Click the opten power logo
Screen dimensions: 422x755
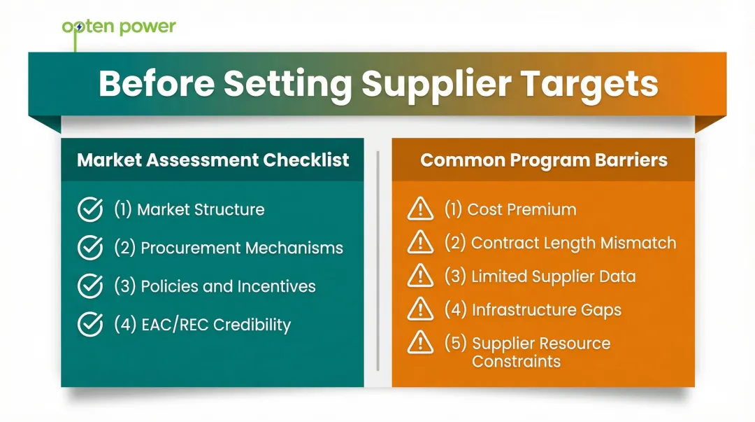point(119,27)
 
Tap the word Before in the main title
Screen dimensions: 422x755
point(155,84)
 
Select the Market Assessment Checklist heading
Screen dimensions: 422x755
point(213,160)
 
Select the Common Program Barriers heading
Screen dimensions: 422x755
point(543,160)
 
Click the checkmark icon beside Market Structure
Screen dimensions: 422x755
point(89,209)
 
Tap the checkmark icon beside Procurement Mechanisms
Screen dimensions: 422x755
point(89,248)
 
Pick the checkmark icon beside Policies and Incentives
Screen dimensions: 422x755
point(89,286)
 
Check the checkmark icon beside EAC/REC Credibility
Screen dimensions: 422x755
point(89,325)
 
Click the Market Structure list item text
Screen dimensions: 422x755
point(189,209)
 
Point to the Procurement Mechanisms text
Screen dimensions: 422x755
point(229,248)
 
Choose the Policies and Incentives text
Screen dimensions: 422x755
point(215,286)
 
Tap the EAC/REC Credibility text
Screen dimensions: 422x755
point(202,325)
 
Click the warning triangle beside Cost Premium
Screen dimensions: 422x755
point(419,209)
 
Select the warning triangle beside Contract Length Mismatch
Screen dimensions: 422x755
point(419,242)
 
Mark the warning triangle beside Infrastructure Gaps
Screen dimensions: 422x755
point(419,309)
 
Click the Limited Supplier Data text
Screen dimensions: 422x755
point(540,276)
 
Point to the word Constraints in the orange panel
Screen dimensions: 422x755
point(516,362)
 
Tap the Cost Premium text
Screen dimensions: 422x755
point(510,209)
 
